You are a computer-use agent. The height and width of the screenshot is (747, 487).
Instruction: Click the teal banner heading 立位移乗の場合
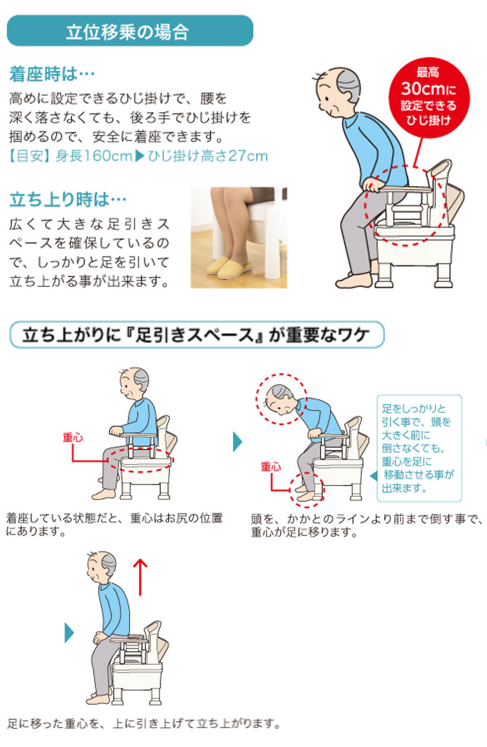[x=130, y=31]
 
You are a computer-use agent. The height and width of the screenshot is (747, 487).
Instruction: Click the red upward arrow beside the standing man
[x=141, y=576]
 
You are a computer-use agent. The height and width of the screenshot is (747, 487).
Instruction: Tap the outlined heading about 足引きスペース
[x=196, y=336]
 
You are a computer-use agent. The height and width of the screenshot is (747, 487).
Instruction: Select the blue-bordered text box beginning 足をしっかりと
[x=420, y=448]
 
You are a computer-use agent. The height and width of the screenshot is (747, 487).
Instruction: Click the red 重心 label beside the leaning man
[x=271, y=466]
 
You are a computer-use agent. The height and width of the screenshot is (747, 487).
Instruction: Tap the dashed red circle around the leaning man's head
[x=281, y=399]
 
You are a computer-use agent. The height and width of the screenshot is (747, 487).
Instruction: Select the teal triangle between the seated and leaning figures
[x=237, y=441]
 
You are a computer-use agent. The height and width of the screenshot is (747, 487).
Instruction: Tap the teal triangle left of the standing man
[x=69, y=633]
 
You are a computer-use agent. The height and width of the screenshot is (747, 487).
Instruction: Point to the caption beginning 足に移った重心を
[x=144, y=723]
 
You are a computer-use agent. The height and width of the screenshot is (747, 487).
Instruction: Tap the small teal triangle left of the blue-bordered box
[x=373, y=476]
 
